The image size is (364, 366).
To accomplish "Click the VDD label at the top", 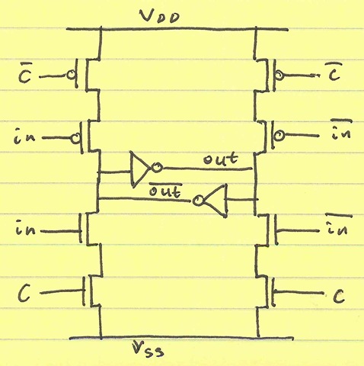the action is point(159,17).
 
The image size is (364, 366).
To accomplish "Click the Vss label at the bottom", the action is point(148,349).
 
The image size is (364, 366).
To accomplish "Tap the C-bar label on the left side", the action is point(24,73).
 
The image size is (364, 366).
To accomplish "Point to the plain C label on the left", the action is point(24,293).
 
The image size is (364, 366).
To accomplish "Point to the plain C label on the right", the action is point(339,296).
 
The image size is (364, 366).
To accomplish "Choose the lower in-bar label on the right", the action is point(340,226).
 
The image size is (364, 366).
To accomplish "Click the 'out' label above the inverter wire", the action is point(220,159).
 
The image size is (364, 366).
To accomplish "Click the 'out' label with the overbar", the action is point(165,190).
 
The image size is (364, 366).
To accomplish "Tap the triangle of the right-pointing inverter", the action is point(139,169).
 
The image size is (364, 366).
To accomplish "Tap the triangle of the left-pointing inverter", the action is point(216,201).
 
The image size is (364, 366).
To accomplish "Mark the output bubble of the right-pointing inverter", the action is point(157,168).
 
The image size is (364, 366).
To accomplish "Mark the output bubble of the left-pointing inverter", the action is point(198,201).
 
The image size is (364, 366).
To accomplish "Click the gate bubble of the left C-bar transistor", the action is point(71,75).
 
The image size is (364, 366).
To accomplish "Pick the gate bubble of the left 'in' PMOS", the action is point(75,139).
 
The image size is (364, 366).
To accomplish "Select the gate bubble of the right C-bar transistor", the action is point(279,75).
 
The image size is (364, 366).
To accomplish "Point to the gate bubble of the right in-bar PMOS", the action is point(280,135).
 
